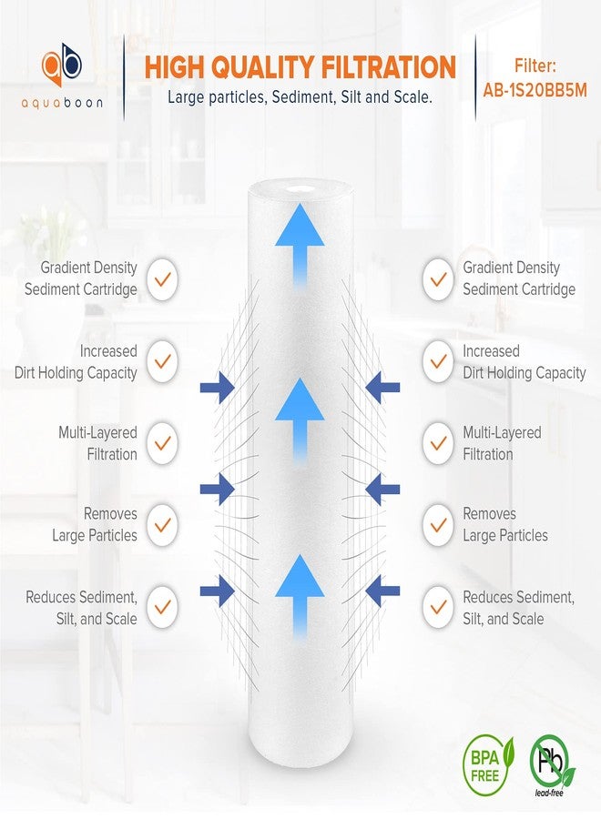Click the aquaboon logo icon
[x=62, y=64]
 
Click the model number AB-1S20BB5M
[x=535, y=90]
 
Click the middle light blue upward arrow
[x=300, y=416]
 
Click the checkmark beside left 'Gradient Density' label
[x=162, y=278]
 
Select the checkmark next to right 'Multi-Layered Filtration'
[x=439, y=443]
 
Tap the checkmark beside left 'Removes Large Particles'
[x=162, y=524]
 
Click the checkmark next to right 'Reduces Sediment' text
[x=439, y=607]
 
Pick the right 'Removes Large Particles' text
[x=505, y=525]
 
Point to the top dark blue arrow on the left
[x=217, y=389]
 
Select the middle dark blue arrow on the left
[x=217, y=490]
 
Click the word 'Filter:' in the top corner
[x=535, y=66]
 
